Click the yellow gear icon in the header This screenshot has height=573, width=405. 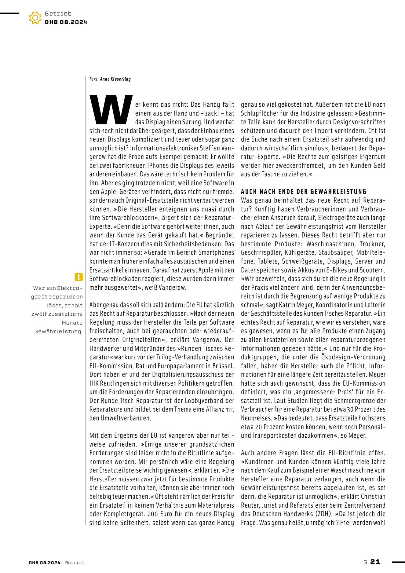(x=35, y=18)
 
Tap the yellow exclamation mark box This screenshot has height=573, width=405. (x=78, y=277)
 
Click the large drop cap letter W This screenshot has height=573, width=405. (x=111, y=109)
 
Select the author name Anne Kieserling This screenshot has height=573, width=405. (x=115, y=79)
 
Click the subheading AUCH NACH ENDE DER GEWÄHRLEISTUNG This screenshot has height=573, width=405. (x=304, y=192)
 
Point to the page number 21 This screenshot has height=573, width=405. (x=375, y=562)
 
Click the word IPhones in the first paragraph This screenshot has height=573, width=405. (x=158, y=166)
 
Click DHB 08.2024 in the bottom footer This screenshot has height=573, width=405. (x=45, y=563)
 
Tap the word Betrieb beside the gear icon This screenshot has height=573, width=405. (x=58, y=13)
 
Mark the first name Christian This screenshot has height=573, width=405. (x=373, y=497)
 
